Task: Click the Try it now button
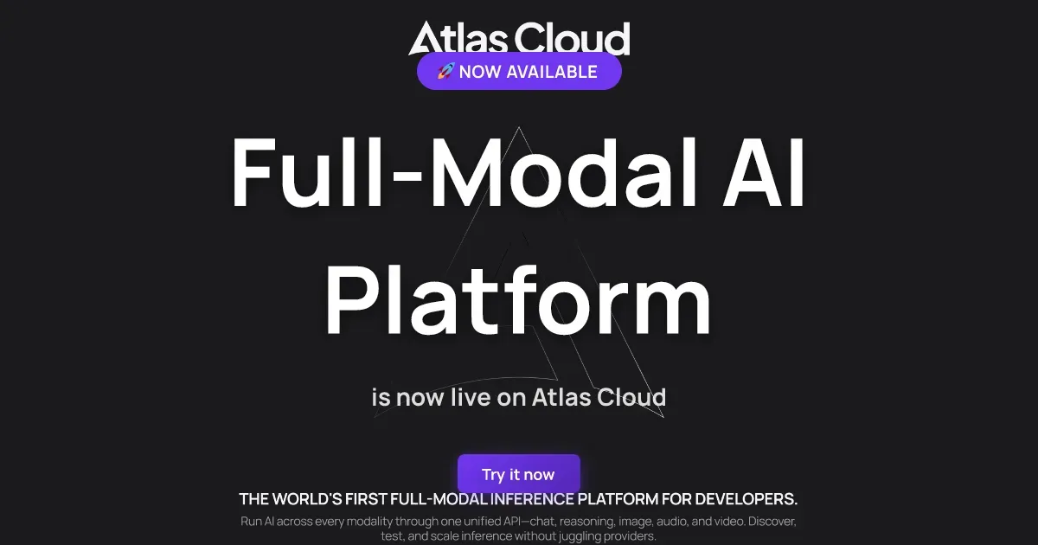pos(518,474)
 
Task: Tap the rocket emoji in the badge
pos(445,72)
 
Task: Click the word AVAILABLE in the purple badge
pos(552,72)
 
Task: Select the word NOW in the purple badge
pos(480,72)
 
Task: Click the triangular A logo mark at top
pos(425,39)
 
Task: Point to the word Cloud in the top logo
pos(572,39)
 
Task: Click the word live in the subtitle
pos(481,397)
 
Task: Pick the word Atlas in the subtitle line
pos(563,397)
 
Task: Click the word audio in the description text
pos(673,523)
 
